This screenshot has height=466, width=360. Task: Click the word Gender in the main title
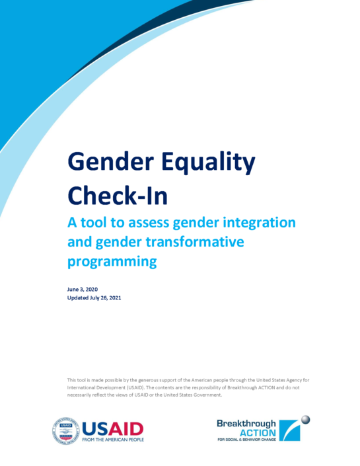tap(111, 162)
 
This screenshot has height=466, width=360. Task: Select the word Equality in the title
tap(208, 163)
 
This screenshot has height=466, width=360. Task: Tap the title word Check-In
tap(118, 195)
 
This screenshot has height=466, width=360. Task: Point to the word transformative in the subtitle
tap(195, 242)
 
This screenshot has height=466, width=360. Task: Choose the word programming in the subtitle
tap(112, 262)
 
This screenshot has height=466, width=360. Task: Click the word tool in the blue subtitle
tap(94, 223)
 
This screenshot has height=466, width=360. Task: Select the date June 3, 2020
tap(83, 290)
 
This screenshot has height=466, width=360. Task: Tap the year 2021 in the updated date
tap(115, 298)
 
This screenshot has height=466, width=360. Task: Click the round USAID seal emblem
tap(66, 430)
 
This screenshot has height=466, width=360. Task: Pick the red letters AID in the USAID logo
tap(126, 429)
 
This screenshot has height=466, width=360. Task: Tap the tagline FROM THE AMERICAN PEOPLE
tap(113, 440)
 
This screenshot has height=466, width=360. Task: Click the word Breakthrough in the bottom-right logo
tap(246, 424)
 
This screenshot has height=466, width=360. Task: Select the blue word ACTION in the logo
tap(258, 433)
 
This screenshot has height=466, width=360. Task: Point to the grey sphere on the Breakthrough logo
tap(305, 420)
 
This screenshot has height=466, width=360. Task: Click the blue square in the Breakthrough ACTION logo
tap(289, 430)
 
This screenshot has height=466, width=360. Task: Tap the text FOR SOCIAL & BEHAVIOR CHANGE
tap(246, 440)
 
